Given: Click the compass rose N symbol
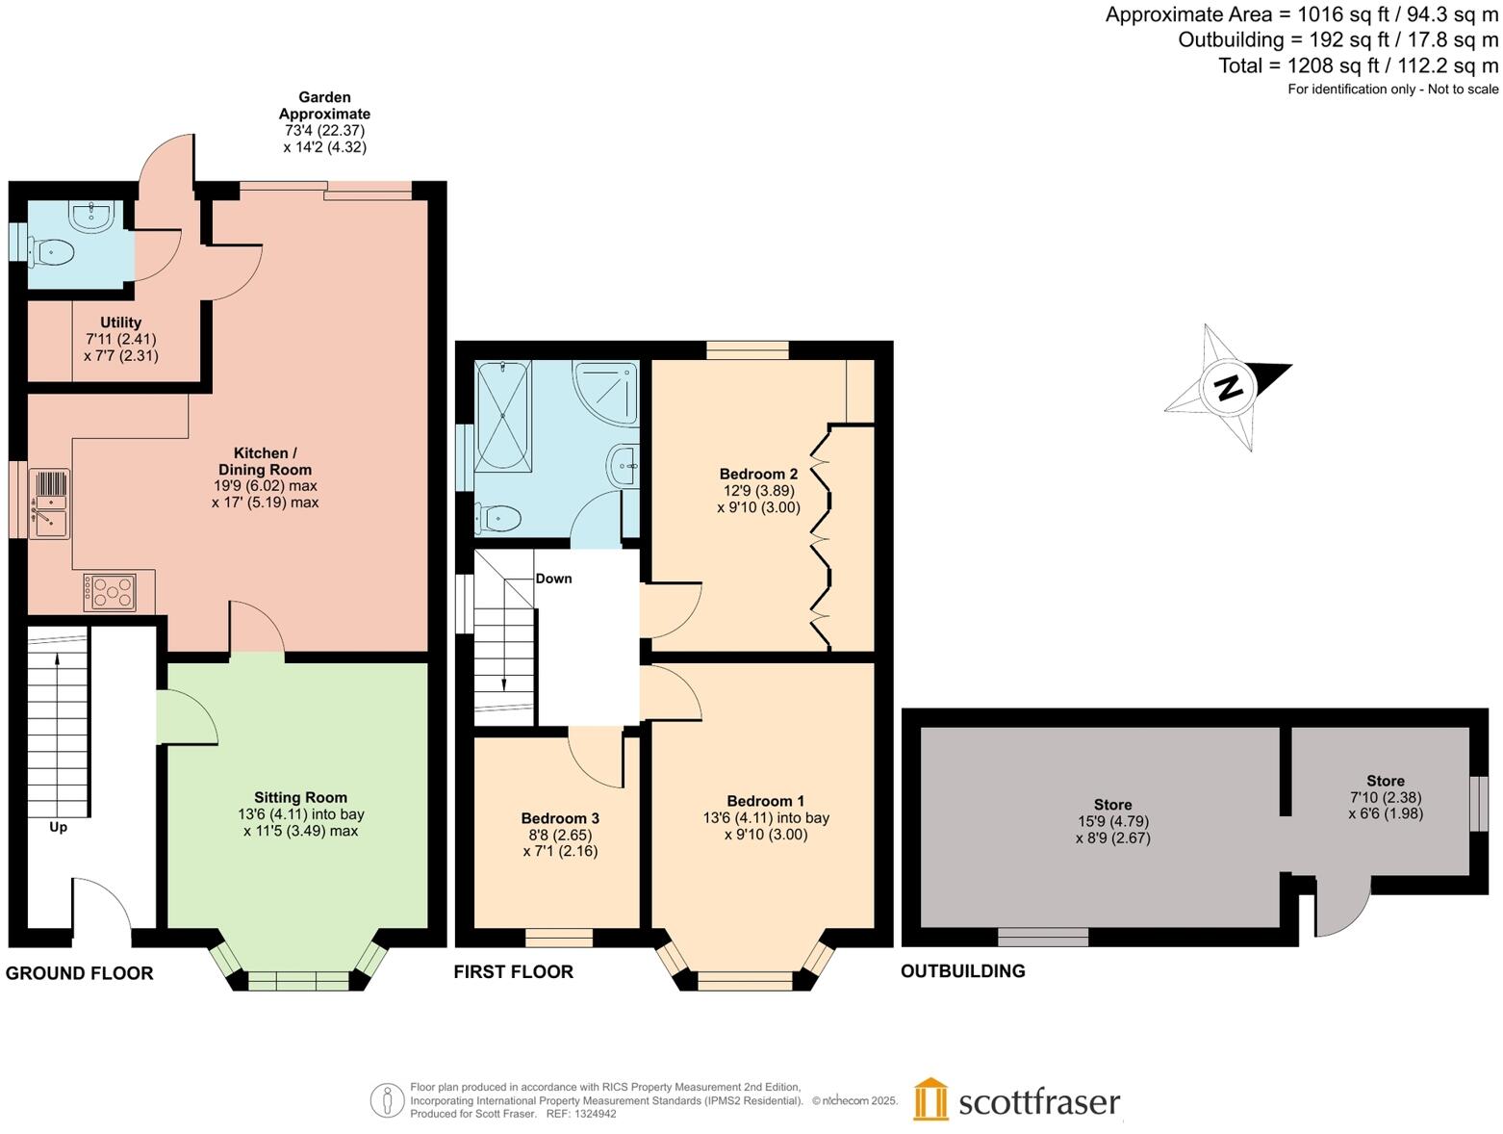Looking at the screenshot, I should click(1228, 388).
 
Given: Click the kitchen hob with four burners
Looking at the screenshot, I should click(109, 592).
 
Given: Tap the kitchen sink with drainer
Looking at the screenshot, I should click(49, 503).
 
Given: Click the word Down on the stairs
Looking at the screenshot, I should click(553, 579).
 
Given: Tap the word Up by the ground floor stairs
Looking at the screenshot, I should click(58, 827).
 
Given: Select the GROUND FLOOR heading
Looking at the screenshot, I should click(79, 973).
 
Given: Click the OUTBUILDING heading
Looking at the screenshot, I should click(962, 971).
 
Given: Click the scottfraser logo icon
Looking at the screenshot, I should click(930, 1099).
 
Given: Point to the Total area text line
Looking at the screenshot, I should click(1358, 65).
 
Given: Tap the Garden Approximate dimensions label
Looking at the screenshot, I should click(324, 122).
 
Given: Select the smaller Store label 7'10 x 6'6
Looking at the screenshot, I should click(1385, 797).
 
